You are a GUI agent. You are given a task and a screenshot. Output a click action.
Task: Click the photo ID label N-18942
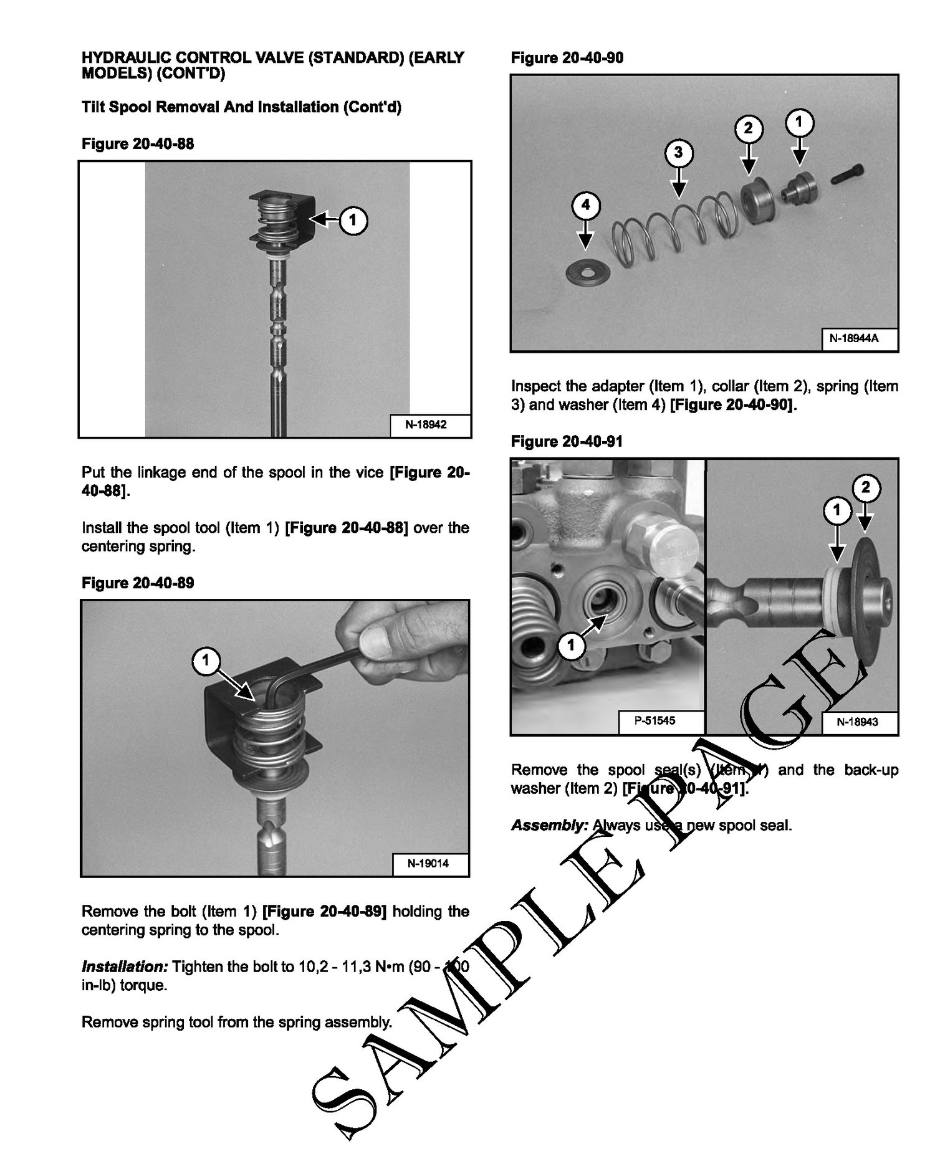pyautogui.click(x=426, y=425)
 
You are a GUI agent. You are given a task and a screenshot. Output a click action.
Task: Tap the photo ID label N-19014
pyautogui.click(x=428, y=864)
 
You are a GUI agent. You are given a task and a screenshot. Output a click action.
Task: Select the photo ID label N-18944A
pyautogui.click(x=858, y=340)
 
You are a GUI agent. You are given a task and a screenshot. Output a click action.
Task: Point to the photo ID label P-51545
pyautogui.click(x=654, y=721)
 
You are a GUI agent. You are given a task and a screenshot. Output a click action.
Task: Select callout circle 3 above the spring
pyautogui.click(x=678, y=153)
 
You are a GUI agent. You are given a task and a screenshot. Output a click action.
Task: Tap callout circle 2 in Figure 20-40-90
pyautogui.click(x=749, y=128)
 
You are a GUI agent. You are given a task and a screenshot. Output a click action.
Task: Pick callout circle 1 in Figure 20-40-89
pyautogui.click(x=206, y=659)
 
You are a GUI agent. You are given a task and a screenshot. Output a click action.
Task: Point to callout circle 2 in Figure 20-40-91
pyautogui.click(x=866, y=488)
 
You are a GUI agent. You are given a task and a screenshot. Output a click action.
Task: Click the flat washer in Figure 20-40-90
pyautogui.click(x=584, y=272)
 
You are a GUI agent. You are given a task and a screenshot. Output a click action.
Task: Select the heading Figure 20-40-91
pyautogui.click(x=566, y=442)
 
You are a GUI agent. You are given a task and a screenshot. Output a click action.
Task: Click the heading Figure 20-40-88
pyautogui.click(x=138, y=144)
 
